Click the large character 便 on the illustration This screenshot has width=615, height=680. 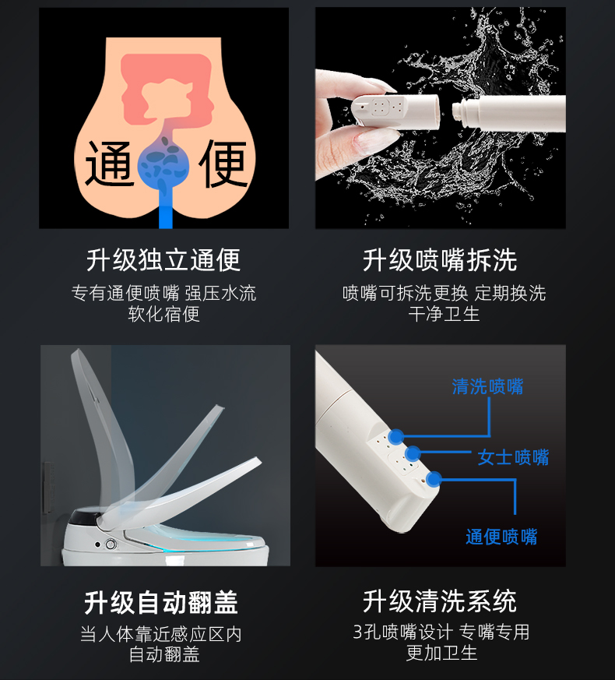coord(223,164)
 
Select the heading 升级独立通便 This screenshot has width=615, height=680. coord(163,260)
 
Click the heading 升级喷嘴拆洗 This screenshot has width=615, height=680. coord(440,260)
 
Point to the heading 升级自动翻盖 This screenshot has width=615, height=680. coord(161,602)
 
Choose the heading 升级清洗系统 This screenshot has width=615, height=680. coord(440,601)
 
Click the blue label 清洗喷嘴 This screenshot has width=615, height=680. coord(487,386)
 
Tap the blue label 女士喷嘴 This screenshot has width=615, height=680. coord(513,457)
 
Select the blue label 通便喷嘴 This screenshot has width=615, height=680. coord(501,537)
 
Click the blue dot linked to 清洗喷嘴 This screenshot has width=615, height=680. coord(396,437)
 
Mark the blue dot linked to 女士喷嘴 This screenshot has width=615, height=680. coord(413,453)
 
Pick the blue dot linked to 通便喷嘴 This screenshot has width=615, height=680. coord(434,479)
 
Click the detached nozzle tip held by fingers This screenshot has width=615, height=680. coord(395,110)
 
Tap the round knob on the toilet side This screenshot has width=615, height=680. coord(111,544)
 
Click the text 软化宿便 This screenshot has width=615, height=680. coord(163,314)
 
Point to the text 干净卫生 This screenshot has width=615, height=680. coord(444,314)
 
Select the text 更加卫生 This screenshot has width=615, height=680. coord(441,652)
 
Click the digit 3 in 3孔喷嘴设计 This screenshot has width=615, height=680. coord(357,632)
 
